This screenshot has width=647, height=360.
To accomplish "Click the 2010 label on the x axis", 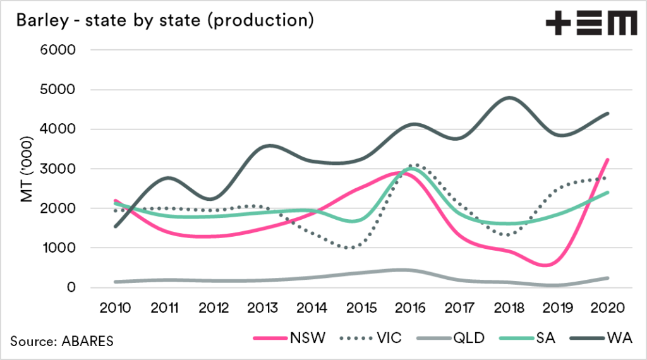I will (116, 308).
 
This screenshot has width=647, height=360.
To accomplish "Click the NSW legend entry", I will (291, 337).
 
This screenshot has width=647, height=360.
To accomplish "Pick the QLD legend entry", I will (453, 337).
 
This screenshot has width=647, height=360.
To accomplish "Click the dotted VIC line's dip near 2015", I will (349, 248).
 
